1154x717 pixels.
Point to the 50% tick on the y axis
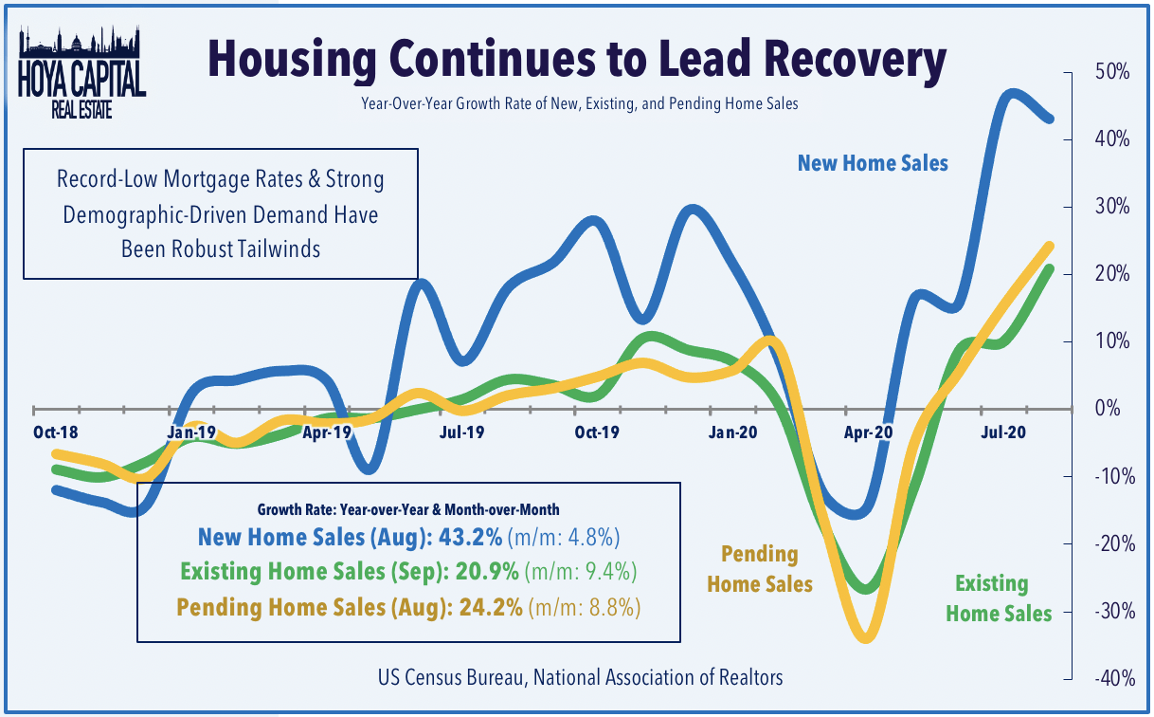pyautogui.click(x=1109, y=72)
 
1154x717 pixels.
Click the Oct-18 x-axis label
pyautogui.click(x=55, y=431)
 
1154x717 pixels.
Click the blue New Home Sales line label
pyautogui.click(x=872, y=163)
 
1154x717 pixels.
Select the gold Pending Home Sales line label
pyautogui.click(x=761, y=569)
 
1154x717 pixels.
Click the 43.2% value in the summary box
pyautogui.click(x=474, y=538)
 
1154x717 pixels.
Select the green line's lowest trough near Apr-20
pyautogui.click(x=864, y=589)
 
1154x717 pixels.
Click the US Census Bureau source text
pyautogui.click(x=579, y=676)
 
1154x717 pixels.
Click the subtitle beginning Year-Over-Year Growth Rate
pyautogui.click(x=579, y=103)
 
